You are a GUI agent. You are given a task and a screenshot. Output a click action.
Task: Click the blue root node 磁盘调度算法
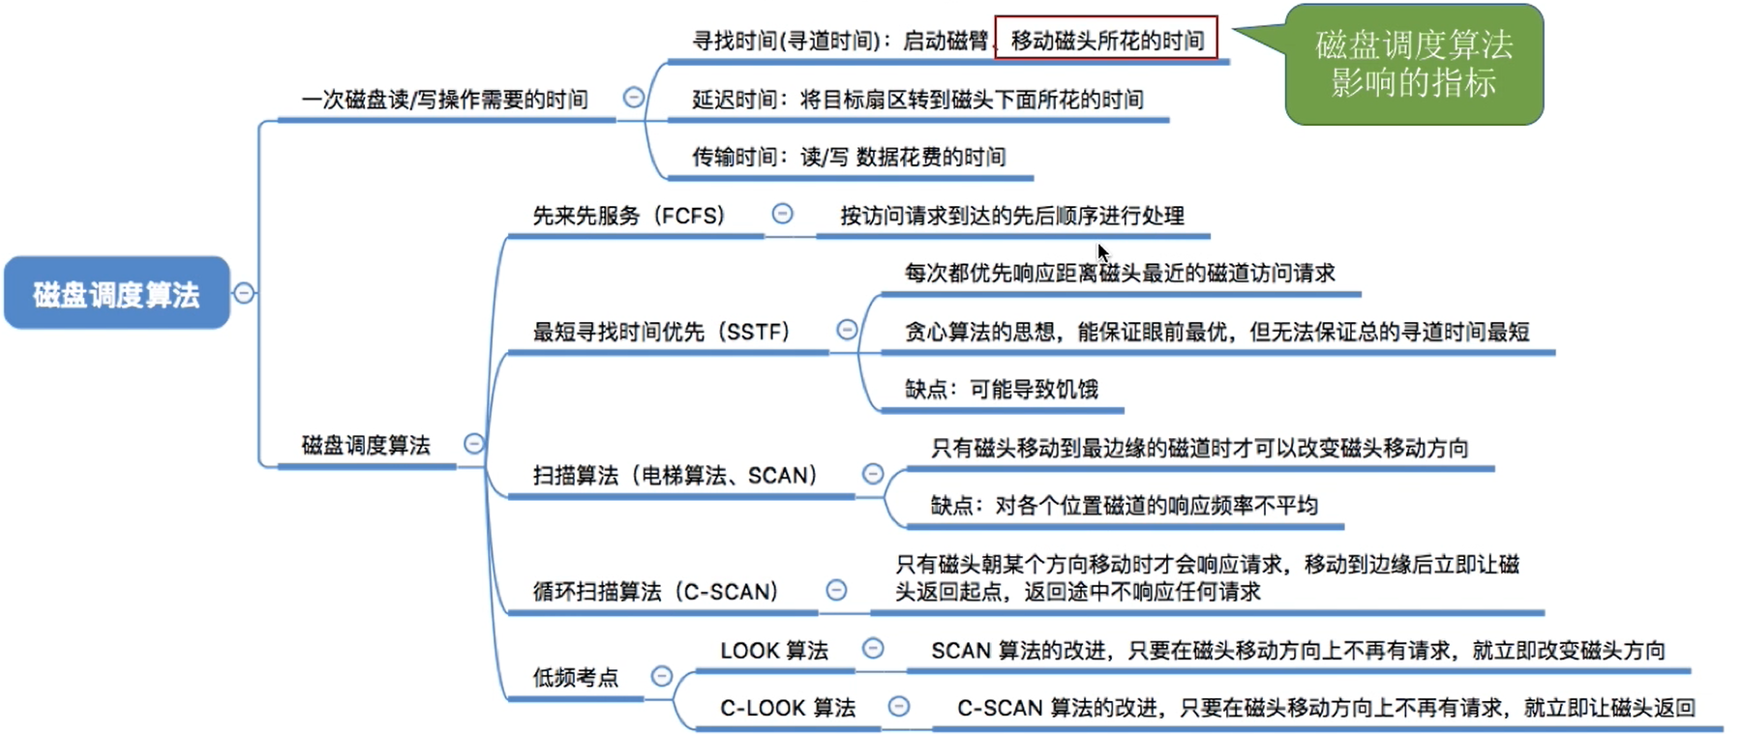[x=116, y=293]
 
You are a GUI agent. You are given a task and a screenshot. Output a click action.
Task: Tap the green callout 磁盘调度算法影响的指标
[x=1413, y=65]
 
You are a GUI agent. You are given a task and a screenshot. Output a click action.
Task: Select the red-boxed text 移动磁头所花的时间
[x=1106, y=40]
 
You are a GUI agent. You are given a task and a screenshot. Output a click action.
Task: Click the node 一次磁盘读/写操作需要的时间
[x=445, y=100]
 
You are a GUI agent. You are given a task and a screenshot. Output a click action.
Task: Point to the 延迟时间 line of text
[x=917, y=100]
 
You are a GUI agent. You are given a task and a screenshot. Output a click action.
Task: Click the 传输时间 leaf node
[x=848, y=157]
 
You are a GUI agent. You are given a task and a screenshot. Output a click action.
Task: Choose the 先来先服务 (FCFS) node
[x=629, y=216]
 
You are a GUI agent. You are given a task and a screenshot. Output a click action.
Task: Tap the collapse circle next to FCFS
[x=782, y=214]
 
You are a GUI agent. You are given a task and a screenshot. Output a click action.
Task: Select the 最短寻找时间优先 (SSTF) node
[x=661, y=332]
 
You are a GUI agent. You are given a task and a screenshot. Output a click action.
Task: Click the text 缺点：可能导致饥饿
[x=1001, y=389]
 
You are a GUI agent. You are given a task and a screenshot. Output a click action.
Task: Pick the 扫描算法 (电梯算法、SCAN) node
[x=676, y=475]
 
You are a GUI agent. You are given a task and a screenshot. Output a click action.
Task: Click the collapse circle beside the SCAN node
[x=873, y=473]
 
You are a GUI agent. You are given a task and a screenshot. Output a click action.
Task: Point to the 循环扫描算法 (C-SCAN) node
[x=655, y=591]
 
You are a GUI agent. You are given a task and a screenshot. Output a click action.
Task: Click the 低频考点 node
[x=575, y=677]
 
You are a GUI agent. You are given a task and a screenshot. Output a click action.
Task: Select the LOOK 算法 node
[x=774, y=650]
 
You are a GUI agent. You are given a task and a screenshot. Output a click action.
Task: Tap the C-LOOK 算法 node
[x=788, y=708]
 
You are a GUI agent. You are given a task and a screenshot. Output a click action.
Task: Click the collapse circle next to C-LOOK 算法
[x=899, y=706]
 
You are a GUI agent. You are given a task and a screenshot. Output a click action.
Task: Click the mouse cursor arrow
[x=1102, y=252]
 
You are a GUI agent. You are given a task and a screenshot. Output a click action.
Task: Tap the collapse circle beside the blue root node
[x=244, y=292]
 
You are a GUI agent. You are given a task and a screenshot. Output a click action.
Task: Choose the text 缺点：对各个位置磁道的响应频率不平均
[x=1124, y=505]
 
